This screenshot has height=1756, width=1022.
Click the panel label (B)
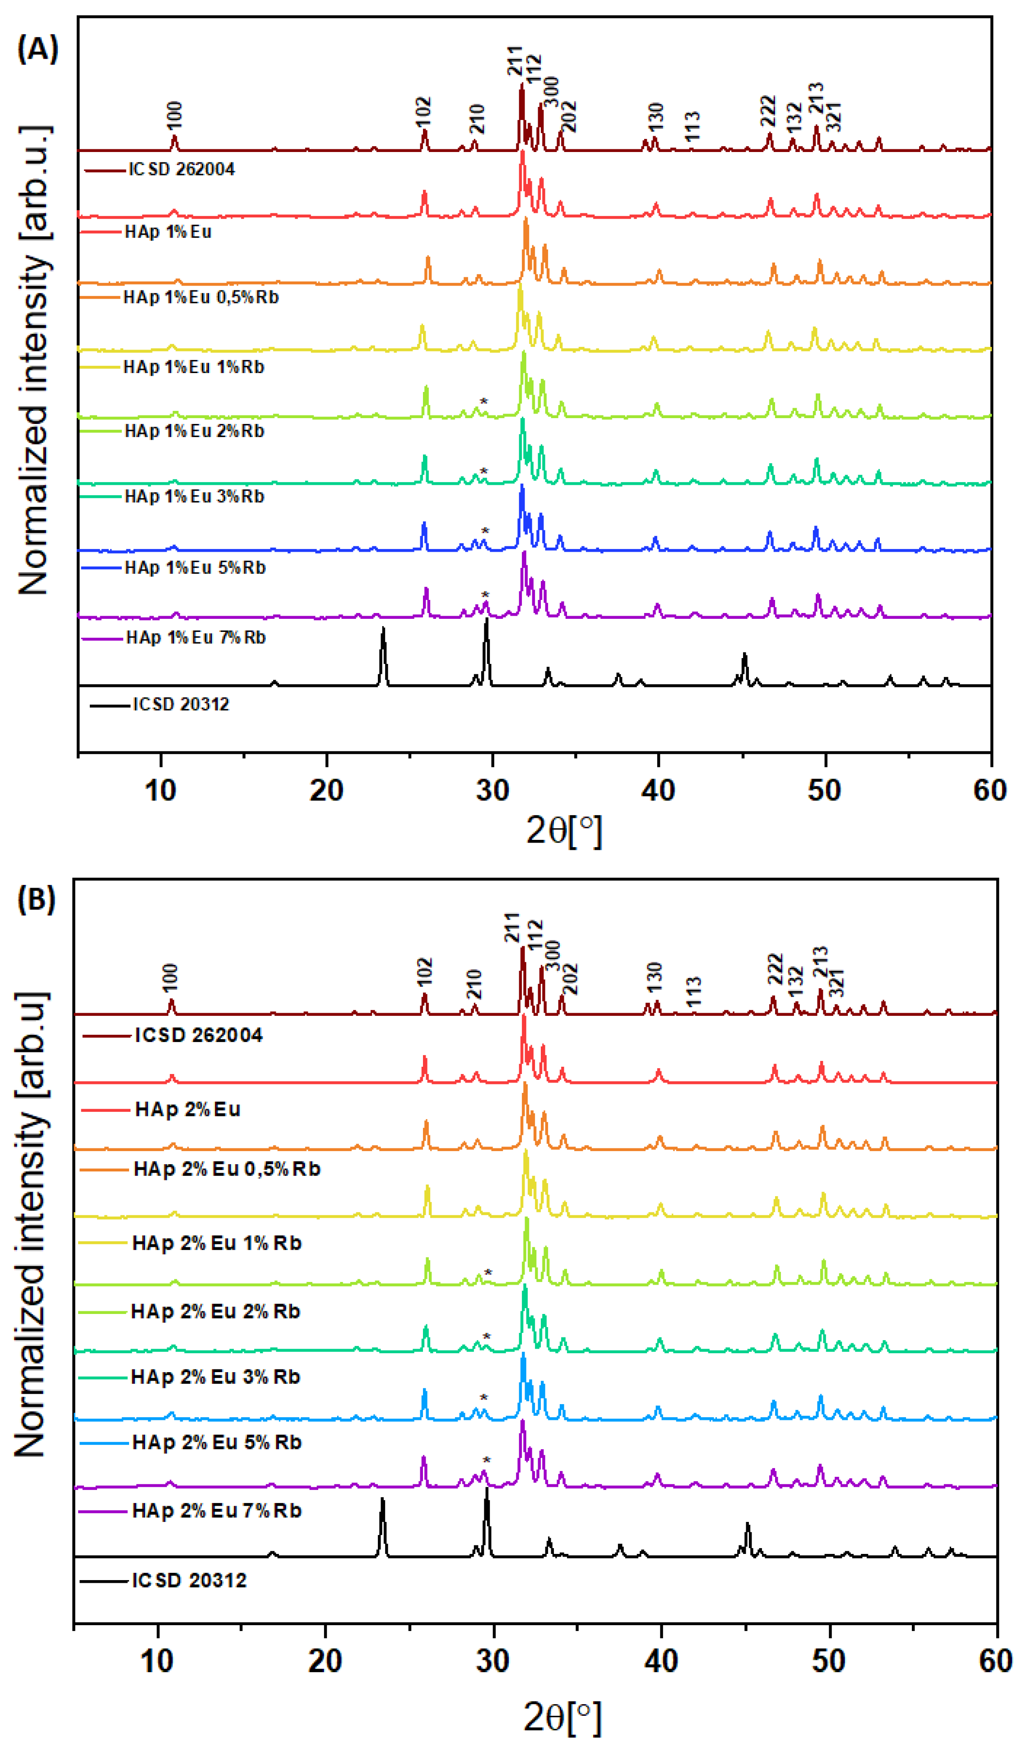click(36, 899)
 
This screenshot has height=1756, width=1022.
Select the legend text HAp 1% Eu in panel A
click(168, 232)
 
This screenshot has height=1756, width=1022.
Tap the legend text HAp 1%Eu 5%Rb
click(195, 568)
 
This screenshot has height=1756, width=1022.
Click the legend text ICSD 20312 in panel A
click(181, 705)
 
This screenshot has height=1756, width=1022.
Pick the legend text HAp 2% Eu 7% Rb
click(217, 1511)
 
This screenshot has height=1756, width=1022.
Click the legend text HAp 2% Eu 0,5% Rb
click(227, 1169)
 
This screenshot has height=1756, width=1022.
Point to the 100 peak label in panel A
click(174, 115)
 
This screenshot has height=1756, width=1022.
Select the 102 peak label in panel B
click(424, 972)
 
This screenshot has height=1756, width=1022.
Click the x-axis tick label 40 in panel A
click(658, 790)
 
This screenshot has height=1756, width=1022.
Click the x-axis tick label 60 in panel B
click(995, 1661)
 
